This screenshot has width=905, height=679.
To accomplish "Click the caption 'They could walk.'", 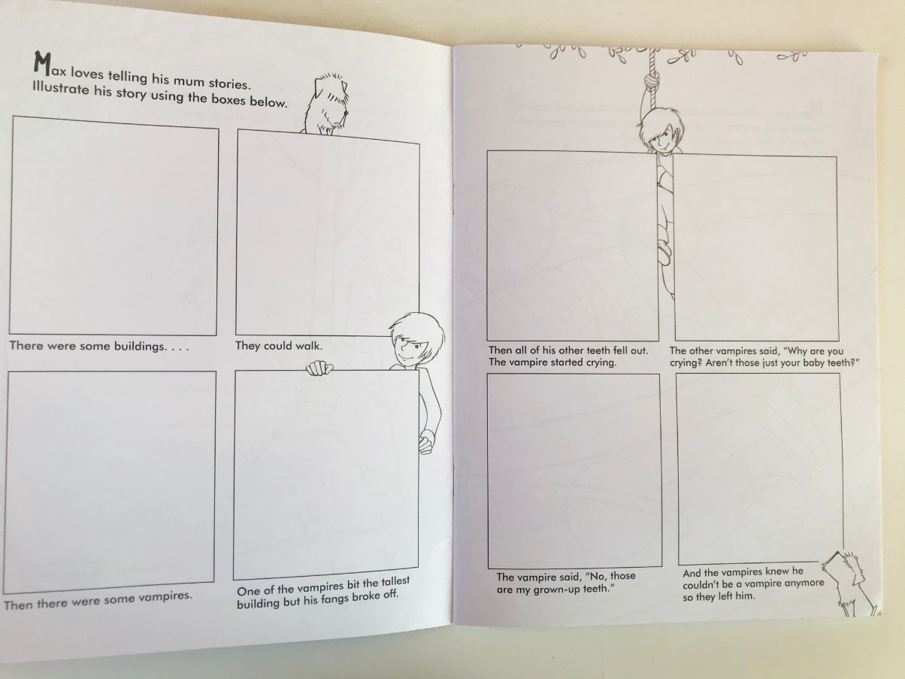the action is pyautogui.click(x=279, y=345).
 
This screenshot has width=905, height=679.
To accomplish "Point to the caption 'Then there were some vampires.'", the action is pyautogui.click(x=98, y=600).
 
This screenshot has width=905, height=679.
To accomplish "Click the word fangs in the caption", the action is pyautogui.click(x=331, y=599).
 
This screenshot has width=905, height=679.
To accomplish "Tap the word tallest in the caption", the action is pyautogui.click(x=395, y=581).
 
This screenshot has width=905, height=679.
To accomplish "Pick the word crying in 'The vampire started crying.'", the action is pyautogui.click(x=601, y=362).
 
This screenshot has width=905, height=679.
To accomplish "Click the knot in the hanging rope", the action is pyautogui.click(x=653, y=78).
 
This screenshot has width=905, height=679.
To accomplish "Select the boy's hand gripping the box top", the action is pyautogui.click(x=319, y=368).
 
